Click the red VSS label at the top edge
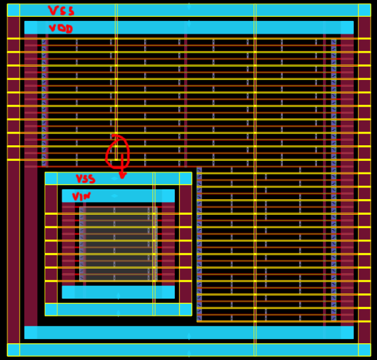pos(61,11)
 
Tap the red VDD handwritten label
pos(61,28)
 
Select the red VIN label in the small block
pos(82,197)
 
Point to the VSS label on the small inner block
pos(85,179)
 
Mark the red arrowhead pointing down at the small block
pos(122,175)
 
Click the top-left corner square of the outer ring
pos(13,10)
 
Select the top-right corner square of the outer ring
pos(364,10)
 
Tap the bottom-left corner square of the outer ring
pos(13,350)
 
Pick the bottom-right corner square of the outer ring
pos(364,350)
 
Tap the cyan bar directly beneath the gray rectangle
pos(118,292)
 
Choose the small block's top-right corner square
pos(185,178)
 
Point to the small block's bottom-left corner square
pos(51,309)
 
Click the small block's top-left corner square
pos(51,178)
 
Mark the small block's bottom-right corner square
pos(185,309)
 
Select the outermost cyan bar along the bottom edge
pos(189,350)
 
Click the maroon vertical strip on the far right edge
pos(364,179)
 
